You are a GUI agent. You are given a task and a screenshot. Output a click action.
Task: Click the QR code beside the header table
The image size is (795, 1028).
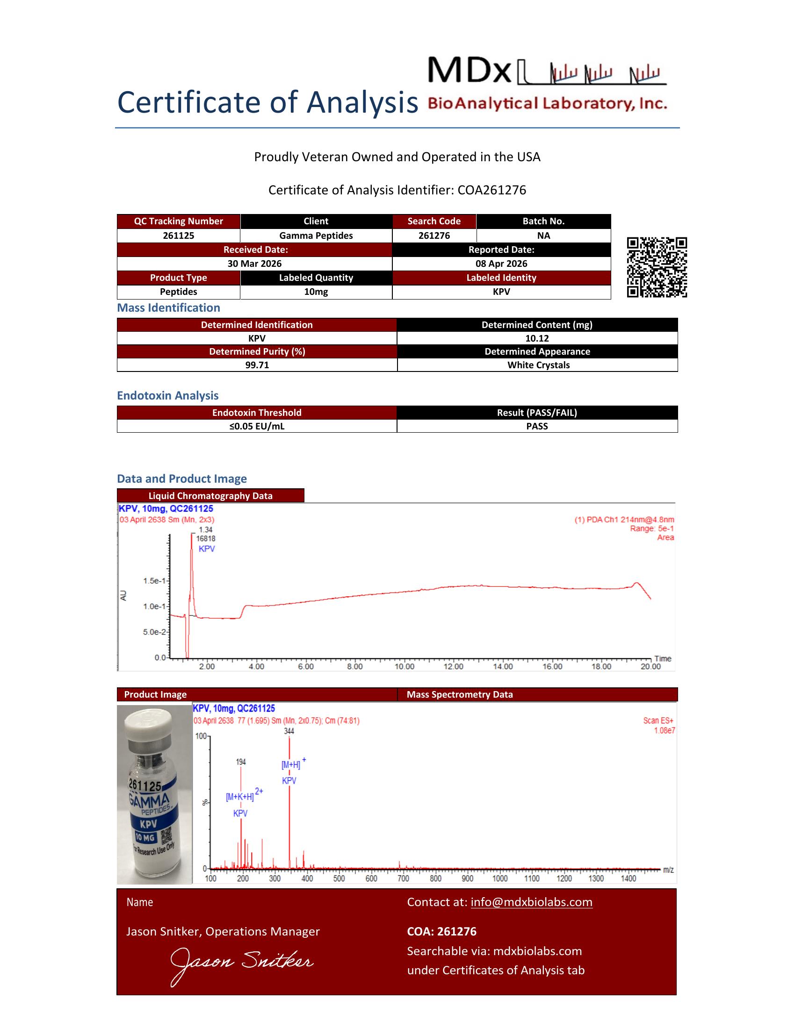[x=657, y=267]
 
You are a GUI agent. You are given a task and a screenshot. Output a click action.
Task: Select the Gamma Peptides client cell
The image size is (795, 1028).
[x=316, y=236]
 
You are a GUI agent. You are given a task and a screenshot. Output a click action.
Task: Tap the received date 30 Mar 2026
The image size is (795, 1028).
[x=254, y=264]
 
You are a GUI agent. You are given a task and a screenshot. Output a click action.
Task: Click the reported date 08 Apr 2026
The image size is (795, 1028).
[x=501, y=264]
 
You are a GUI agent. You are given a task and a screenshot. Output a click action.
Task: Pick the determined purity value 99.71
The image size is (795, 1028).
[x=257, y=365]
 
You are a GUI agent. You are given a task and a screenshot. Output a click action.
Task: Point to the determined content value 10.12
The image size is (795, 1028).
[x=537, y=338]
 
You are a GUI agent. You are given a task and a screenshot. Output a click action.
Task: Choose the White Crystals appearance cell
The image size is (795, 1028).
[x=538, y=365]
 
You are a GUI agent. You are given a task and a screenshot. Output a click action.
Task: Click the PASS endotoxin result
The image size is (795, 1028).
[x=537, y=426]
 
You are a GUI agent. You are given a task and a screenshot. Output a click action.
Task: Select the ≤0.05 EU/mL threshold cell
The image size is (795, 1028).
[x=257, y=426]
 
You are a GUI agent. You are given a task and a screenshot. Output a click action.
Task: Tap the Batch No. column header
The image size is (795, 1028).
[x=543, y=221]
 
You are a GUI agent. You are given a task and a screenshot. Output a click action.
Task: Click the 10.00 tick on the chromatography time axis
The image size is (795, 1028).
[x=404, y=666]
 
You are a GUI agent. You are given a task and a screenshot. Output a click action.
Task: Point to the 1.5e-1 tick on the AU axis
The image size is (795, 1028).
[x=154, y=581]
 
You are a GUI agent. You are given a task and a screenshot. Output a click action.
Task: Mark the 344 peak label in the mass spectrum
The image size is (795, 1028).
[x=289, y=731]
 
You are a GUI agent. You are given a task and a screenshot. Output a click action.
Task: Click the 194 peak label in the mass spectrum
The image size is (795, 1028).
[x=241, y=762]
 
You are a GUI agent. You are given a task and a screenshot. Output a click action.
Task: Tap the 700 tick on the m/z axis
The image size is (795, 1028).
[x=403, y=878]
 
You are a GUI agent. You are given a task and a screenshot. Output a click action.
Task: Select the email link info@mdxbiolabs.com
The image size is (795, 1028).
[x=531, y=902]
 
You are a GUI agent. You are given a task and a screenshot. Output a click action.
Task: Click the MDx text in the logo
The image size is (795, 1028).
[x=469, y=71]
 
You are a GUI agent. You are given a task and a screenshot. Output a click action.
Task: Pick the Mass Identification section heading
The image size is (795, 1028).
[x=168, y=308]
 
